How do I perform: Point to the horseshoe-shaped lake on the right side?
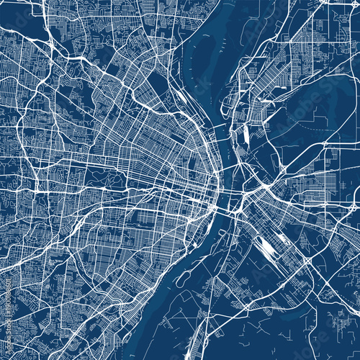[317, 108]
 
